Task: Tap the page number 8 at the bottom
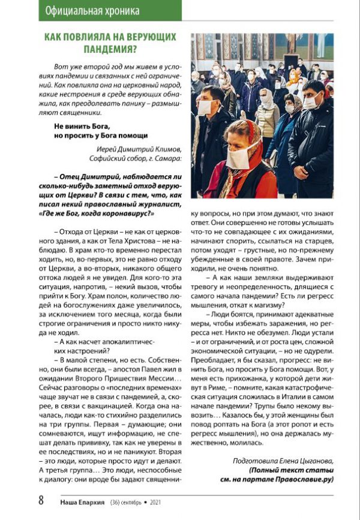(x=41, y=500)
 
